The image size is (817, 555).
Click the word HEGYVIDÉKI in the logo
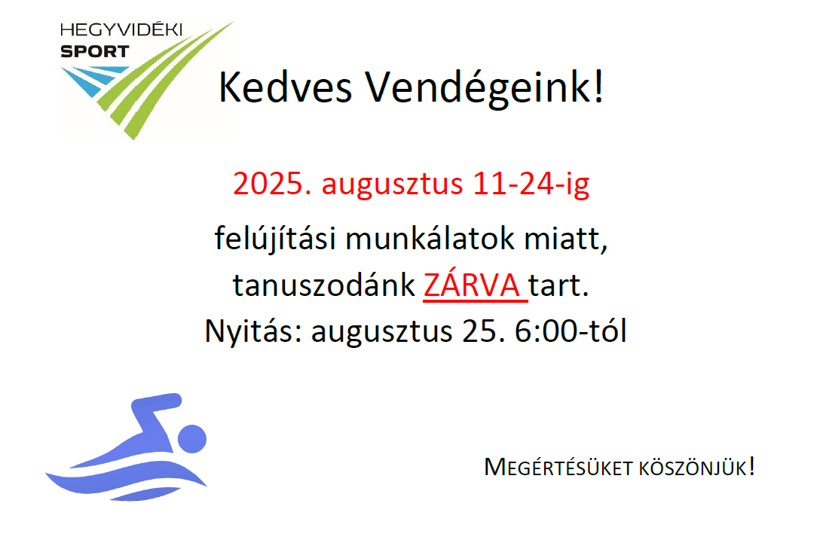pyautogui.click(x=121, y=29)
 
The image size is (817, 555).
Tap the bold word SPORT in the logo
pyautogui.click(x=95, y=51)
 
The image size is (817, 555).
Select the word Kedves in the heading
pyautogui.click(x=285, y=87)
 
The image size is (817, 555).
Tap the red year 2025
pyautogui.click(x=272, y=183)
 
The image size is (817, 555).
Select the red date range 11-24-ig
pyautogui.click(x=531, y=184)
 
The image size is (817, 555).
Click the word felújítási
pyautogui.click(x=274, y=239)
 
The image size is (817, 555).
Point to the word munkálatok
pyautogui.click(x=430, y=239)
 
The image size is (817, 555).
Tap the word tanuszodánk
pyautogui.click(x=323, y=285)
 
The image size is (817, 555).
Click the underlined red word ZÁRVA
pyautogui.click(x=472, y=285)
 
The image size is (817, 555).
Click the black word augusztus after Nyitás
pyautogui.click(x=381, y=333)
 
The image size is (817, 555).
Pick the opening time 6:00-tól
pyautogui.click(x=570, y=331)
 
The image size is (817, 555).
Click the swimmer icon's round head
pyautogui.click(x=192, y=438)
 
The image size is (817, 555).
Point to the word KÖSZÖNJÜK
pyautogui.click(x=693, y=467)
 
